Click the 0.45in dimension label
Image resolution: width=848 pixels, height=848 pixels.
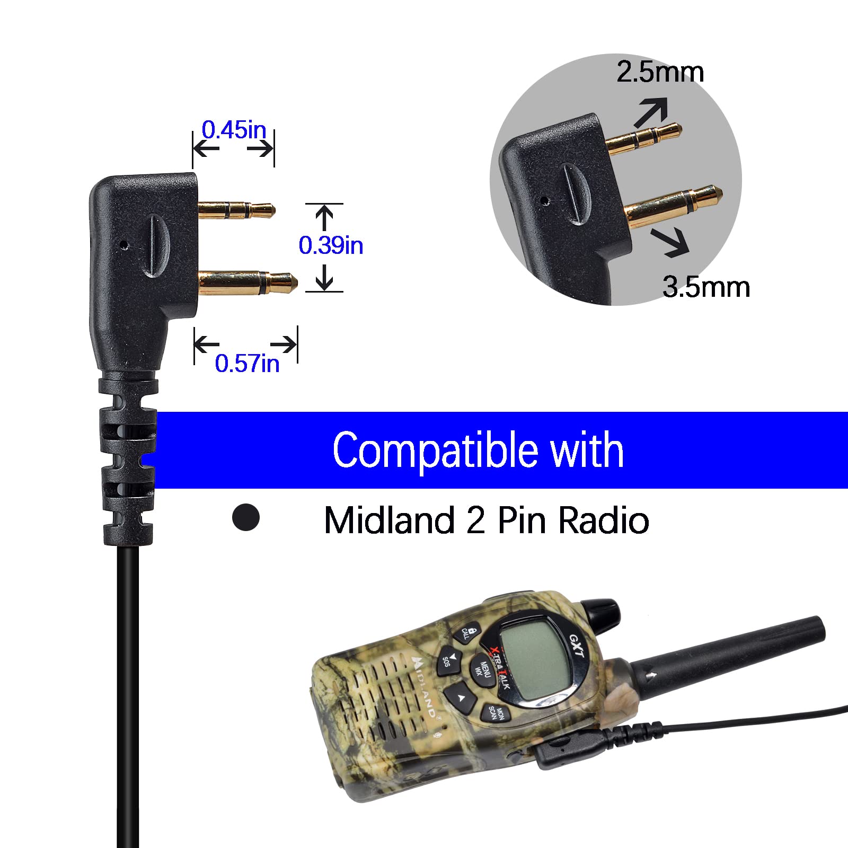[x=234, y=130]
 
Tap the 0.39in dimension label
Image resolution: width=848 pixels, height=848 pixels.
[x=331, y=245]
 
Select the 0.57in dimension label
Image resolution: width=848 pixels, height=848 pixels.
[x=247, y=364]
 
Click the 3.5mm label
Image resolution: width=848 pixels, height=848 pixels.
[x=706, y=287]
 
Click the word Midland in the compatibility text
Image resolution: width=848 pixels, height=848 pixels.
[x=390, y=520]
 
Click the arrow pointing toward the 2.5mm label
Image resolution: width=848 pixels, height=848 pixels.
[x=651, y=112]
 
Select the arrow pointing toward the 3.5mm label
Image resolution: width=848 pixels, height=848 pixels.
[x=670, y=242]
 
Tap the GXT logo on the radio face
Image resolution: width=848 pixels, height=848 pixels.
[x=577, y=646]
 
